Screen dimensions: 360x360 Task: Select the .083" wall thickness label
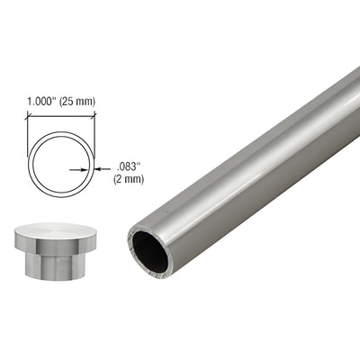[x=129, y=165]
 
